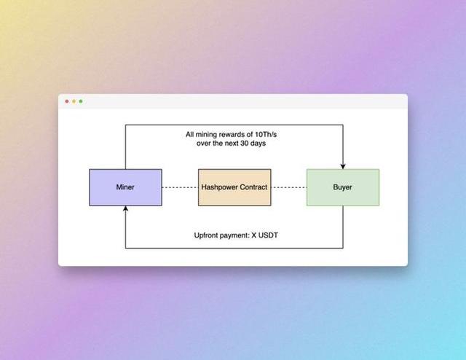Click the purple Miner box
(125, 187)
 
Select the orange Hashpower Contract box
(234, 187)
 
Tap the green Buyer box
(342, 187)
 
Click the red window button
(67, 101)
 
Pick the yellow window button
(74, 101)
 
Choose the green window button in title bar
(80, 101)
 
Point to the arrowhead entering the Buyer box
(343, 166)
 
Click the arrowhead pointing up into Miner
(125, 209)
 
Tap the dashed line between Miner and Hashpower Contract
(180, 187)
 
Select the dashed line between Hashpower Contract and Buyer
(288, 187)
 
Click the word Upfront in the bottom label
(207, 235)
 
